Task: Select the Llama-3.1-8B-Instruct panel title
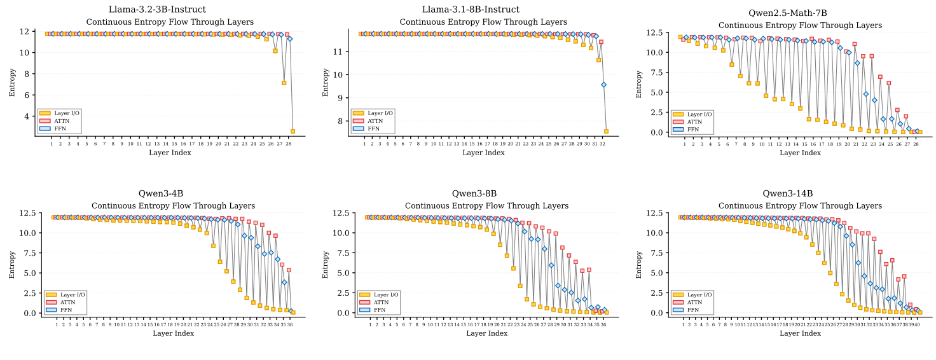point(471,10)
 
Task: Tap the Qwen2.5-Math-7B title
point(787,13)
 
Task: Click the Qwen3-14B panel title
point(788,193)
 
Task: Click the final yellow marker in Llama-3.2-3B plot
point(292,131)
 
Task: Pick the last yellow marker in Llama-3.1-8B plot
point(606,131)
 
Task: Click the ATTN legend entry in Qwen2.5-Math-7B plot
point(695,121)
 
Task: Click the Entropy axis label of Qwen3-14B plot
point(640,264)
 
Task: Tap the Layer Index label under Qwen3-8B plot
point(487,333)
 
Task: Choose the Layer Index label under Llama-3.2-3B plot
point(170,153)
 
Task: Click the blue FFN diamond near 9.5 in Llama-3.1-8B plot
point(603,85)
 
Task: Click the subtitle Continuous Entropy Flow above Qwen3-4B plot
point(173,206)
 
